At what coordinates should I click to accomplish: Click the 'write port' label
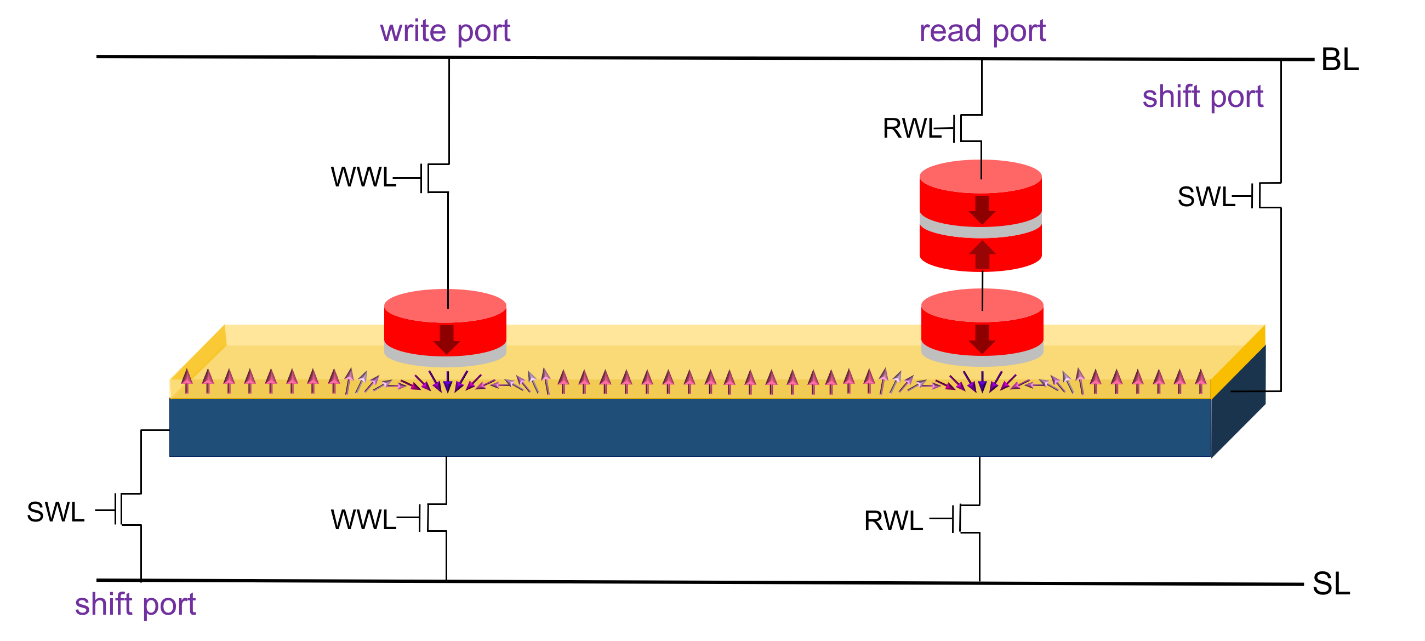point(444,31)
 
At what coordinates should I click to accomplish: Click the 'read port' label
point(982,31)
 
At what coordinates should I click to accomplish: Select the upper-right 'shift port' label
point(1202,97)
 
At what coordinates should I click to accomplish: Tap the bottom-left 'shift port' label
point(135,604)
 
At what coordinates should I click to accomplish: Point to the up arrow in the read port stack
point(982,254)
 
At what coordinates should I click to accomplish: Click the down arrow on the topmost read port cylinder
point(982,210)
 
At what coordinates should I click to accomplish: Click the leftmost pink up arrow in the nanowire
point(187,381)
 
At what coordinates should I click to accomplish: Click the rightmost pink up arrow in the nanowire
point(1200,382)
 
